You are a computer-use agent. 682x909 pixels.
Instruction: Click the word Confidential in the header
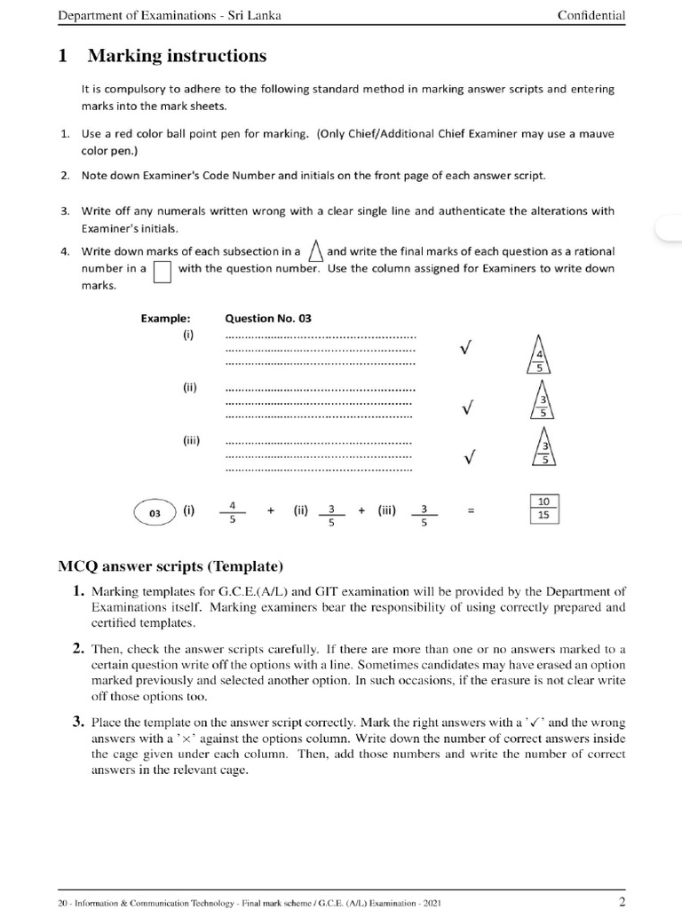coord(591,15)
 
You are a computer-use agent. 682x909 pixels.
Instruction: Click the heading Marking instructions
coord(176,57)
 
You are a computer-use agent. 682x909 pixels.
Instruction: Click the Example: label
coord(166,318)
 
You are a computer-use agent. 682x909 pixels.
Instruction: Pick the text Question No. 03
coord(268,318)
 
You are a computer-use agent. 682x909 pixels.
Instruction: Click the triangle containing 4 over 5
coord(539,353)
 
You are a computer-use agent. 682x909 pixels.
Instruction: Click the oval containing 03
coord(155,512)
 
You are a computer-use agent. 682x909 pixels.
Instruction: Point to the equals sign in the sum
coord(472,511)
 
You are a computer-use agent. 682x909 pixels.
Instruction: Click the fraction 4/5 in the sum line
coord(232,512)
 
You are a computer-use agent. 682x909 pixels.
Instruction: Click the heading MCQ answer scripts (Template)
coord(170,566)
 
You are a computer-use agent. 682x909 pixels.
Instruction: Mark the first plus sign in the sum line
coord(268,511)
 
